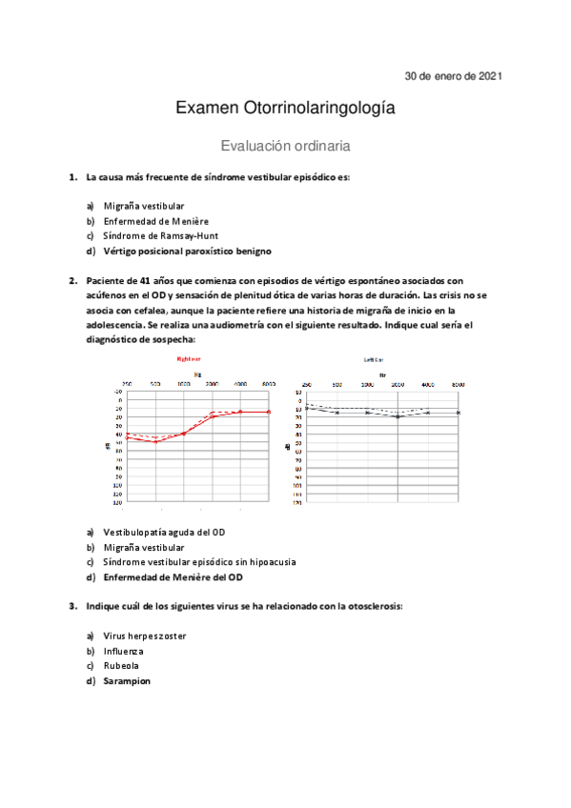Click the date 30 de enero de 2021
(454, 75)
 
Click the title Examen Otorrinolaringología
(285, 110)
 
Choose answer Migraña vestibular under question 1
(144, 206)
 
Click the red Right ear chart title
(188, 359)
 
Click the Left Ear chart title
(375, 359)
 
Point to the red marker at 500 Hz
(156, 442)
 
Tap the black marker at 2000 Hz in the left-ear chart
(398, 416)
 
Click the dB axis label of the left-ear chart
(288, 447)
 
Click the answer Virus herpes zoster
(145, 636)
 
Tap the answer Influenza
(123, 651)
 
